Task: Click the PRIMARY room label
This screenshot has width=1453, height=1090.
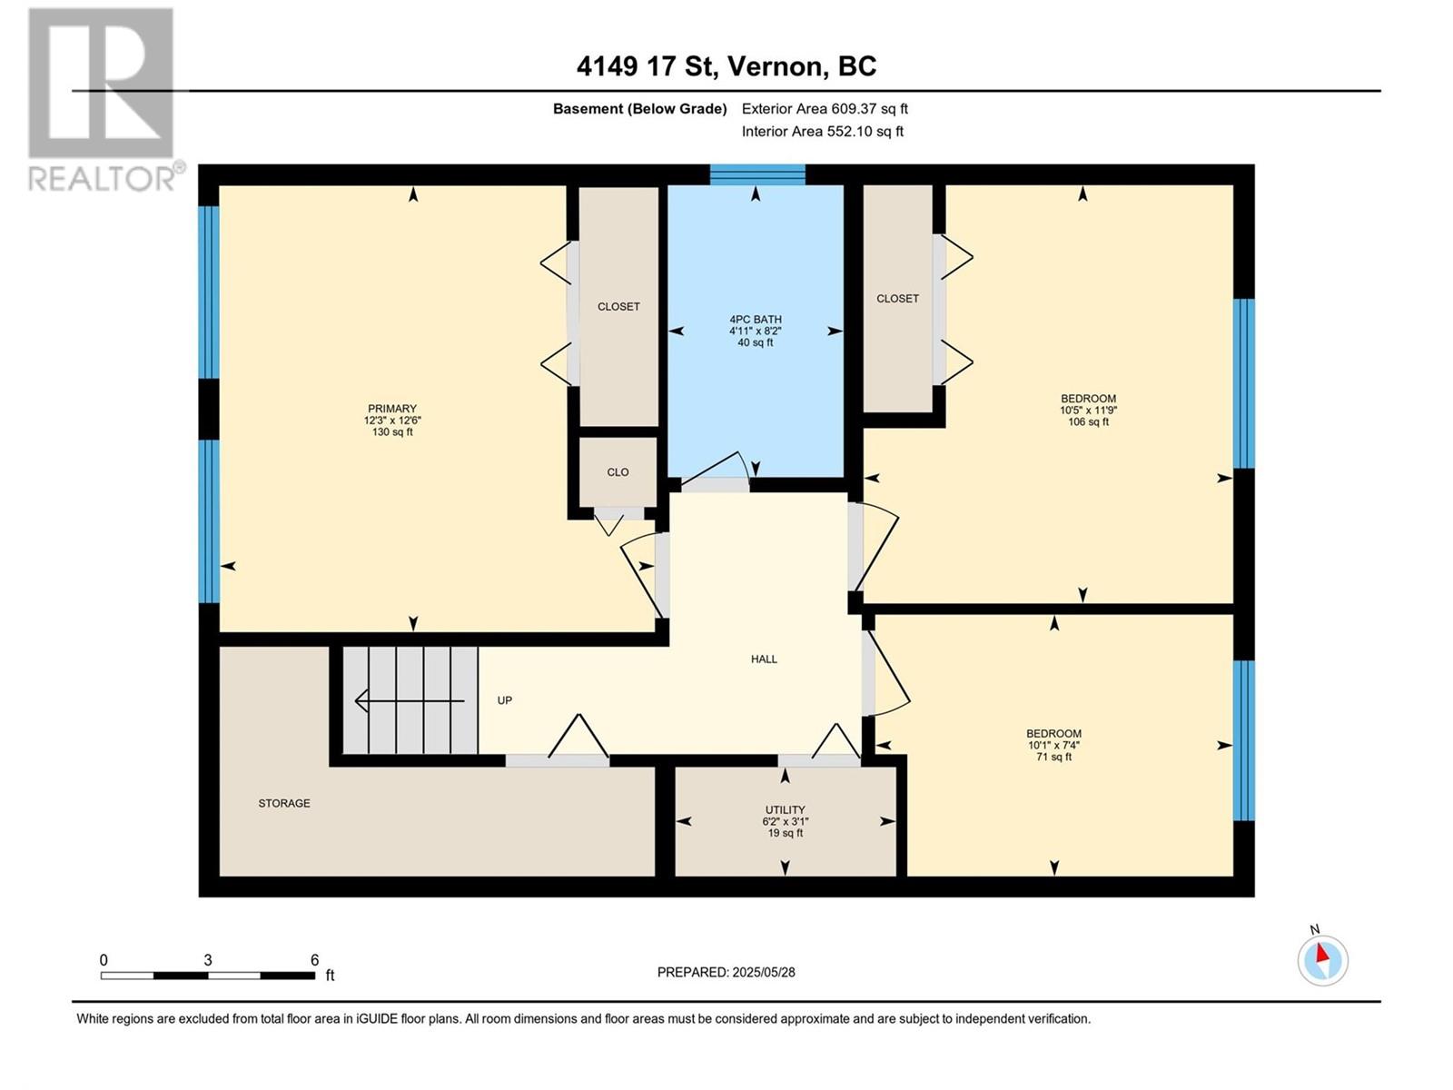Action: (392, 409)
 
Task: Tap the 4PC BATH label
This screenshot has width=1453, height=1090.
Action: (756, 320)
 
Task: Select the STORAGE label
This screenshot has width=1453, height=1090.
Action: (284, 804)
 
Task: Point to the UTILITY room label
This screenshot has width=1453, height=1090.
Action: (786, 810)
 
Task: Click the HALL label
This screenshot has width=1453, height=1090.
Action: (764, 659)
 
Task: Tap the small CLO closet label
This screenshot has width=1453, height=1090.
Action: (618, 472)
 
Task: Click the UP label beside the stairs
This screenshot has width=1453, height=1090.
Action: (504, 700)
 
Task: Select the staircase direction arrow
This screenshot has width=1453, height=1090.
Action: (409, 700)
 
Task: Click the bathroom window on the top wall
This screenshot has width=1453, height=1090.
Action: (757, 174)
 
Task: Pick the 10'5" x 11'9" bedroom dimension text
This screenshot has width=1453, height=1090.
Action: (1088, 411)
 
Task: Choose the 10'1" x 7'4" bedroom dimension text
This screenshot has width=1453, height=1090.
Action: (1053, 745)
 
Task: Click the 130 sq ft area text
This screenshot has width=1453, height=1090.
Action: (392, 432)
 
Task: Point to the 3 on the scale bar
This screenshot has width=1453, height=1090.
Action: (208, 960)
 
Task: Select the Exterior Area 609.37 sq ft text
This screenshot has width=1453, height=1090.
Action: (825, 108)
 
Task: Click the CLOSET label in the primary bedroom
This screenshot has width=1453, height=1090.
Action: (618, 307)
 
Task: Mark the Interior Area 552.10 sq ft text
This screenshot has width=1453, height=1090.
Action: (822, 131)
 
